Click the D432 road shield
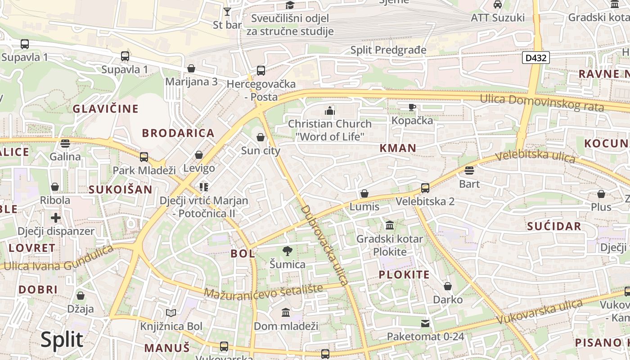536,58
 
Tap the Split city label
62,340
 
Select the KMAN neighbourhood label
398,148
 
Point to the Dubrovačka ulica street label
324,245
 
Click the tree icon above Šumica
287,251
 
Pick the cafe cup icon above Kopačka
412,107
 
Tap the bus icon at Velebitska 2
425,188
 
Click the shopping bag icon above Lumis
364,194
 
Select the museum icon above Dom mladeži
286,312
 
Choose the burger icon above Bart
469,171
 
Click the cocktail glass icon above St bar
227,11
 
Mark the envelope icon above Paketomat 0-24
425,323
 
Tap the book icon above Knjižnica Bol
171,313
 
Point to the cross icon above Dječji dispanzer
56,218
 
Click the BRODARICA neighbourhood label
178,133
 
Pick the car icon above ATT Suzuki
498,4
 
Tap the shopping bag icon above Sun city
261,137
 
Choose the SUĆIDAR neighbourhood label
554,226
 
